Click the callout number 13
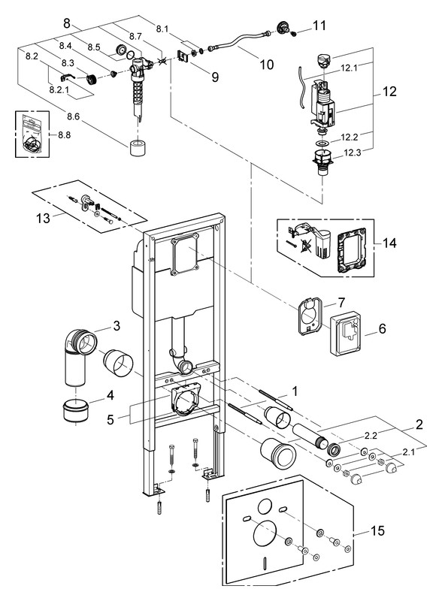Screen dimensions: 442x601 click(x=43, y=218)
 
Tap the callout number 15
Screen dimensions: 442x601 click(x=377, y=530)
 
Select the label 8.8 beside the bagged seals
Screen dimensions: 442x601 click(x=65, y=135)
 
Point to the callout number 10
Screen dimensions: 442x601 click(x=266, y=65)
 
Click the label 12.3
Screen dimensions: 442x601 click(x=352, y=153)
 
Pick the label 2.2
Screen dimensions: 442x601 click(x=371, y=436)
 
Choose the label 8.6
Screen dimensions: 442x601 click(x=73, y=116)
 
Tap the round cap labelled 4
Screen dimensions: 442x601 click(x=75, y=411)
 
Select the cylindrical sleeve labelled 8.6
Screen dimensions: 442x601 click(x=137, y=148)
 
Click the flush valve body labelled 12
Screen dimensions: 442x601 click(x=323, y=104)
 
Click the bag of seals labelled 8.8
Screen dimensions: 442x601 click(x=32, y=134)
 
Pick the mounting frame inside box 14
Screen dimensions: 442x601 click(x=350, y=251)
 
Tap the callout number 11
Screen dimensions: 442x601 click(x=319, y=26)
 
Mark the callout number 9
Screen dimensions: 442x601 click(x=215, y=77)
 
